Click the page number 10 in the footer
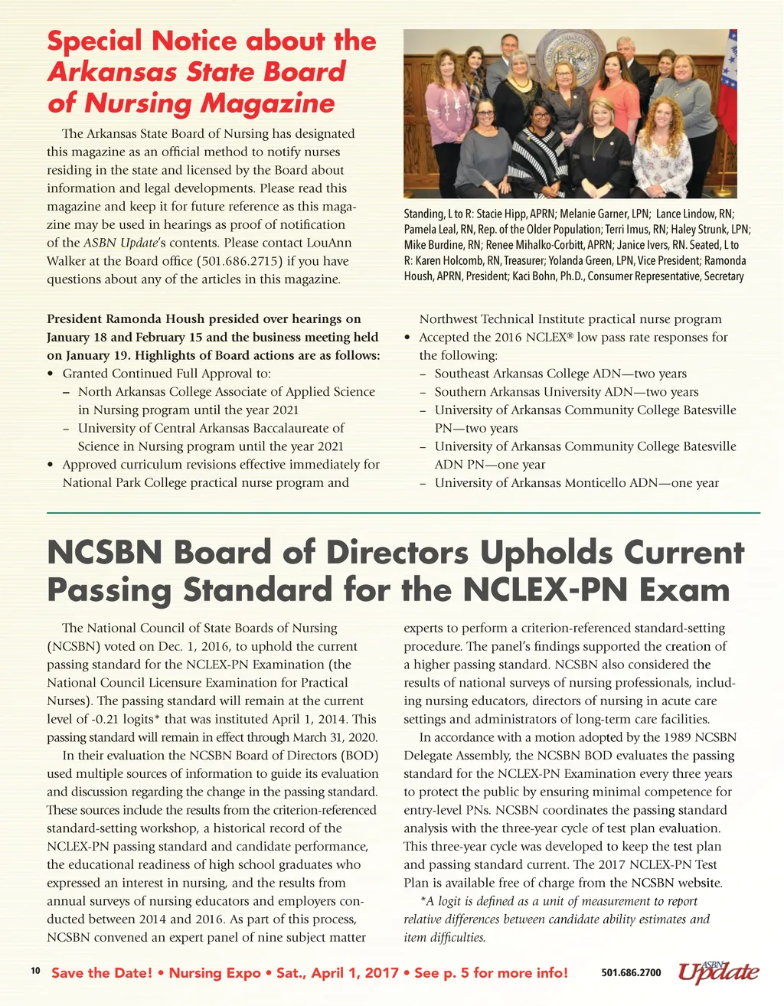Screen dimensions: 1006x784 point(35,971)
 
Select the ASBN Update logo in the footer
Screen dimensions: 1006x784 point(717,972)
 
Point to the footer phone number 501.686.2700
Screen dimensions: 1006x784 point(631,973)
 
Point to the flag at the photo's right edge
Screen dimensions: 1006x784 point(727,77)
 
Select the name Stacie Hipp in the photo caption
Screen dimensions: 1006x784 point(500,214)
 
